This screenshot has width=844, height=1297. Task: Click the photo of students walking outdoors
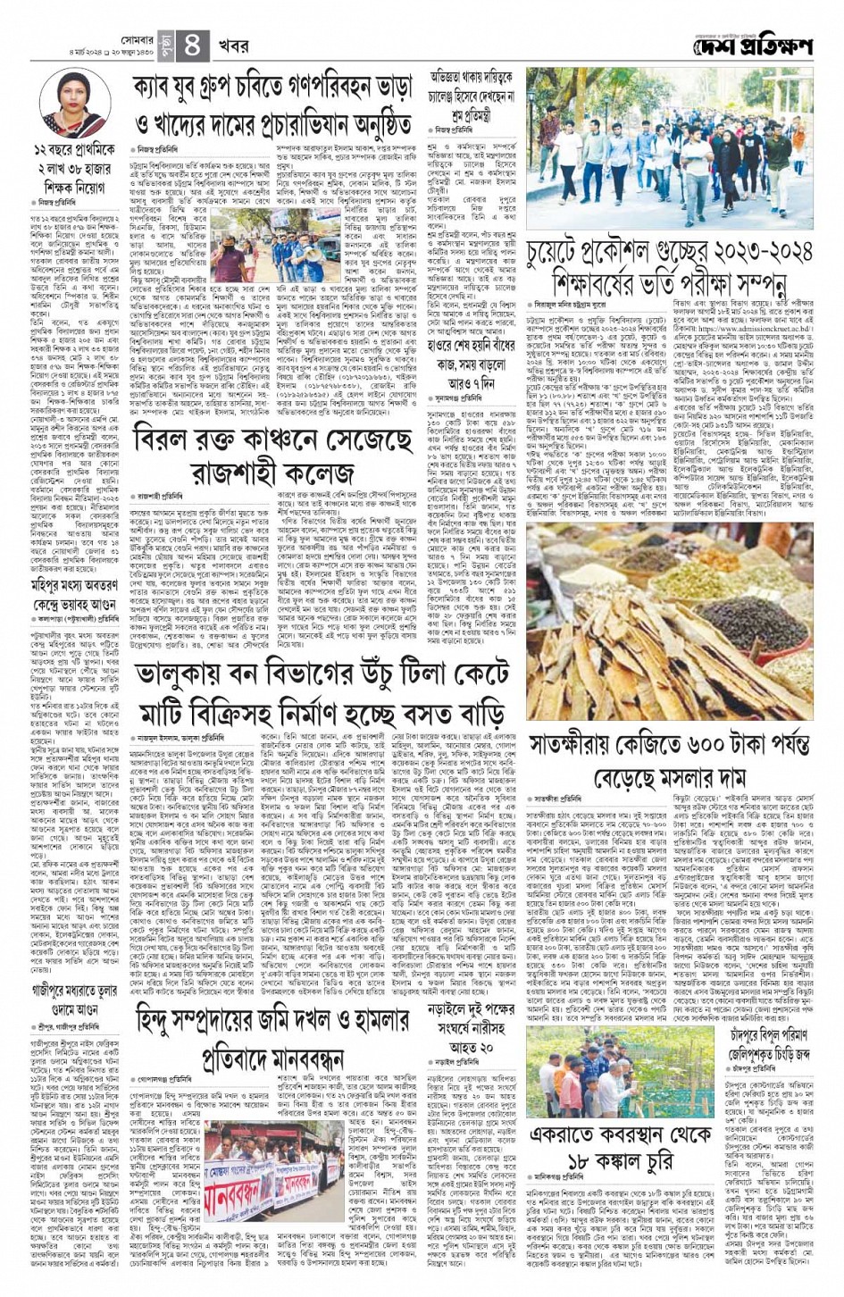pos(669,153)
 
